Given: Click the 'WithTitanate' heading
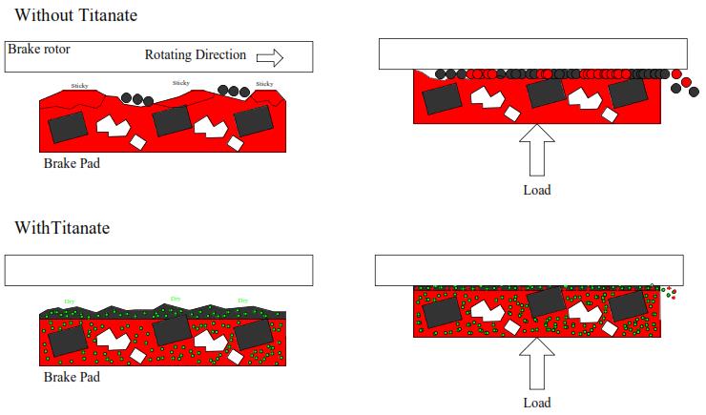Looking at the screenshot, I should pyautogui.click(x=62, y=228).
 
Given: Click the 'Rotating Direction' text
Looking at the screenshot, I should pyautogui.click(x=196, y=56).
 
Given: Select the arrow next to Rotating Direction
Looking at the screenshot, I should pyautogui.click(x=271, y=57).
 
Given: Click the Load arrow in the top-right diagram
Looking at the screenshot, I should pyautogui.click(x=537, y=150).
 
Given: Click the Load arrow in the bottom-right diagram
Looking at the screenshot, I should pyautogui.click(x=537, y=363).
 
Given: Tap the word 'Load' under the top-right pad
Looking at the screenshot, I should pyautogui.click(x=537, y=190).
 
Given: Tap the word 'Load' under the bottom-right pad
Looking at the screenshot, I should pyautogui.click(x=537, y=403).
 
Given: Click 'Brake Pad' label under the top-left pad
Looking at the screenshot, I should pyautogui.click(x=72, y=163).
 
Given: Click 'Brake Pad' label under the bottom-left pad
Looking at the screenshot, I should pyautogui.click(x=72, y=377).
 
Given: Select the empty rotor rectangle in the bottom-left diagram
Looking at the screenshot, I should pyautogui.click(x=158, y=271).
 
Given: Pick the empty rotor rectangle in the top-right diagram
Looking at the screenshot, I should pyautogui.click(x=532, y=53).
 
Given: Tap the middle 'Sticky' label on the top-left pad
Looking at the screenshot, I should pyautogui.click(x=180, y=84).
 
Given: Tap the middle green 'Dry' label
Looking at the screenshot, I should pyautogui.click(x=176, y=299).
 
